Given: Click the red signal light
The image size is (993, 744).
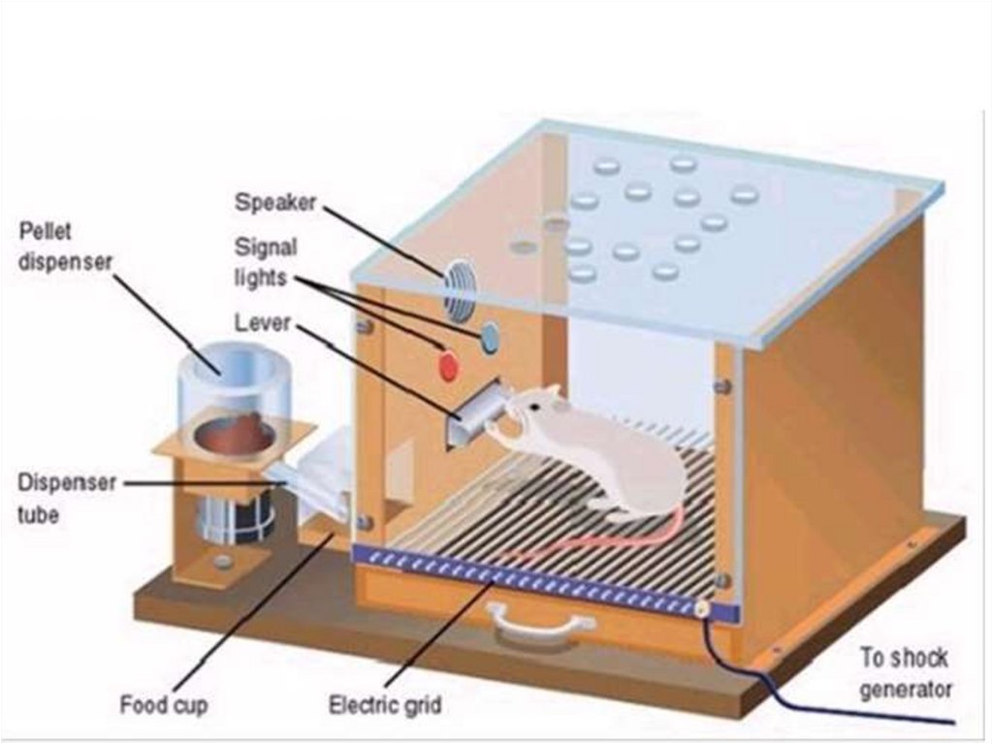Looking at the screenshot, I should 448,367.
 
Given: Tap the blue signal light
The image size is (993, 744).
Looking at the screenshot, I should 490,336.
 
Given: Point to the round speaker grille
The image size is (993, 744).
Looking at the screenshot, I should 460,286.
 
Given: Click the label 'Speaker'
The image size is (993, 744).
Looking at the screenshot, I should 275,203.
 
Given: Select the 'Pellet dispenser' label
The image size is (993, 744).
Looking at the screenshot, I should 66,246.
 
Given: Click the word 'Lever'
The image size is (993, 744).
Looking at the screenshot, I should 261,321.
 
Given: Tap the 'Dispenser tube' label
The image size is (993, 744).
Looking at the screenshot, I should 66,499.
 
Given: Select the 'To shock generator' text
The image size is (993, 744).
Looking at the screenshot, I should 906,673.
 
